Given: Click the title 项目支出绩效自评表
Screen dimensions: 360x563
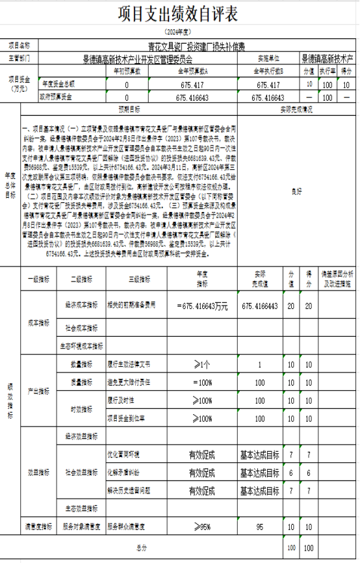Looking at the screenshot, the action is pos(181,15).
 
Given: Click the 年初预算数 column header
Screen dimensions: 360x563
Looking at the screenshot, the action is pos(127,71).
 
